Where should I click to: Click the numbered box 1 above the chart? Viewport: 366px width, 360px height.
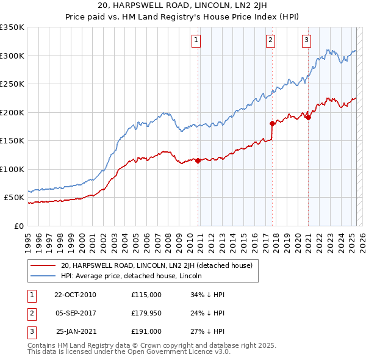coord(196,41)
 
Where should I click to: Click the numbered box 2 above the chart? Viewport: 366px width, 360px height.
coord(270,41)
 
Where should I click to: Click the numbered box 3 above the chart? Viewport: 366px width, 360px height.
coord(306,41)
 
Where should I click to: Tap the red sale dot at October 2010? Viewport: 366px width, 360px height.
coord(198,160)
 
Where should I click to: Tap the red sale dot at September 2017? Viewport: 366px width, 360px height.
coord(272,123)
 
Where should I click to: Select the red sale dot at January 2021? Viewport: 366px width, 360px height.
coord(308,118)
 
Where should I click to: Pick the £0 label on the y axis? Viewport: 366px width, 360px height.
coord(18,226)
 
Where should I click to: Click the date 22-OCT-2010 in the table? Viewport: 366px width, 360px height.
coord(75,295)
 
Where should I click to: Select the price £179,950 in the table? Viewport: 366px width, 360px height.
coord(146,313)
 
